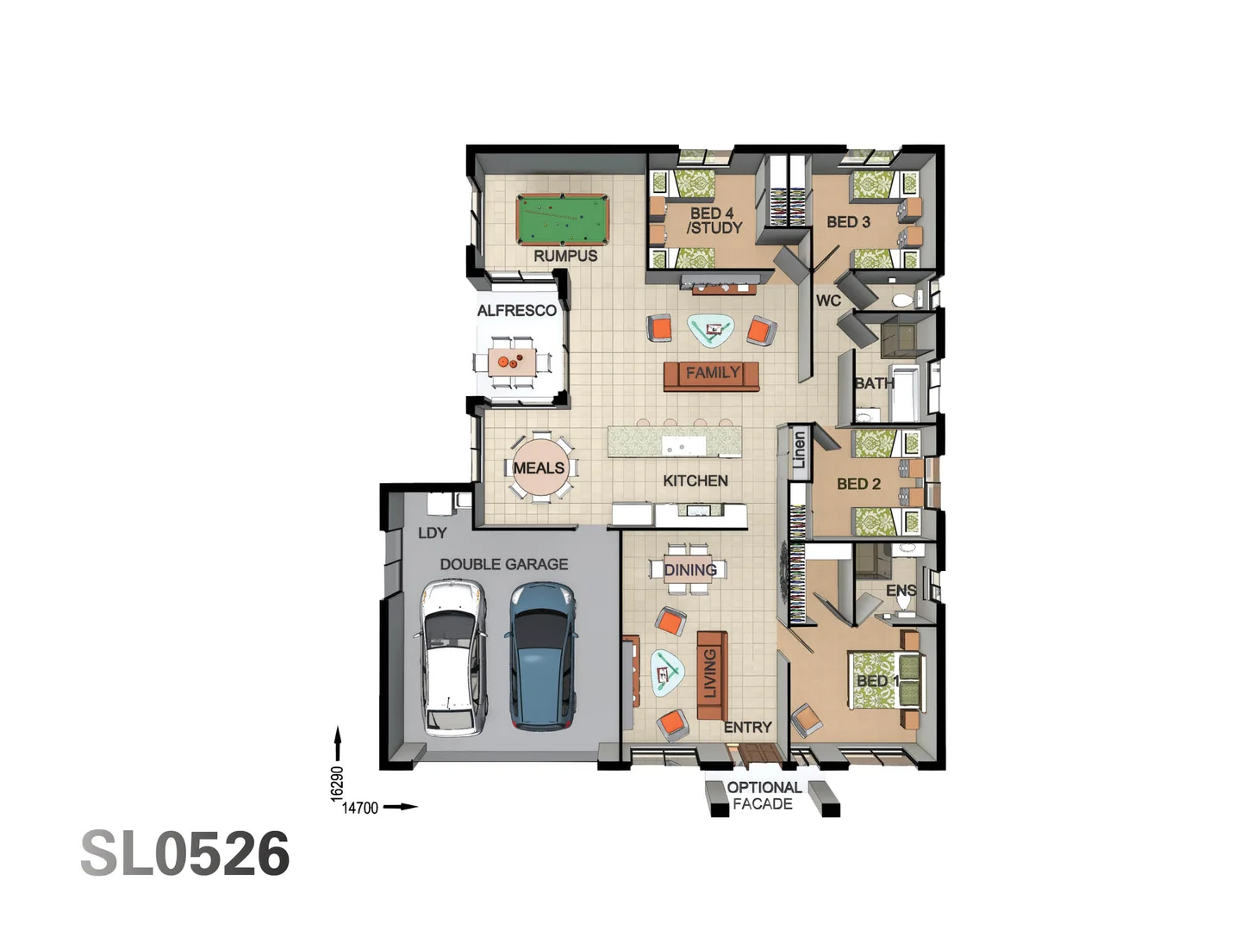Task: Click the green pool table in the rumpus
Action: (x=562, y=220)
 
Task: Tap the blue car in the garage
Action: (x=540, y=656)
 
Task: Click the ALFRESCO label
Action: (x=516, y=310)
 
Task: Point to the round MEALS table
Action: (x=540, y=468)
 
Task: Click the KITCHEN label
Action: (x=695, y=480)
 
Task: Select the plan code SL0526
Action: (x=185, y=854)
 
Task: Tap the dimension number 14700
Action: (x=360, y=808)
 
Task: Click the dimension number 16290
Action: (x=337, y=784)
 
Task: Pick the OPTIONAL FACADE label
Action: (x=764, y=796)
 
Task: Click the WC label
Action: (x=827, y=301)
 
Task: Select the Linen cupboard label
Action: (x=799, y=450)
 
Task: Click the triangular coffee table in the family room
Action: (x=711, y=330)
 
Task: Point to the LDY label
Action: (x=432, y=533)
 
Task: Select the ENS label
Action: (x=901, y=591)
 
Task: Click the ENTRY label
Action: (x=747, y=728)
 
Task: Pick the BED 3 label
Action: (x=848, y=222)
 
